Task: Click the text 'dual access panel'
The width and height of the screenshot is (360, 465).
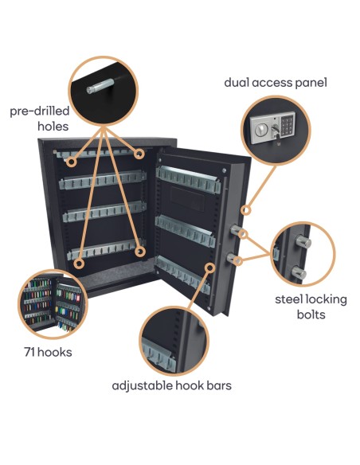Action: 276,82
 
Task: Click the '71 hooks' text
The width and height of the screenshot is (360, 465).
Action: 49,351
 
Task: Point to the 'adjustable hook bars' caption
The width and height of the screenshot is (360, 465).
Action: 171,386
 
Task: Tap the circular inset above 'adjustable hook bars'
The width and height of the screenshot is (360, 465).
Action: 172,339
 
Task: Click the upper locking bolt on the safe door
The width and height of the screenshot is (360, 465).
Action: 237,231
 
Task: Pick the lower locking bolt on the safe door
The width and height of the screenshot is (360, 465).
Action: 237,259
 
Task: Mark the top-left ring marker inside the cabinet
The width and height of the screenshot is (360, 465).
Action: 72,162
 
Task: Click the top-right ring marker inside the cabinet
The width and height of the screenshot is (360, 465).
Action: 139,153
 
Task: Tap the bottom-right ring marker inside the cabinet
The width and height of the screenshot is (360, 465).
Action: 140,252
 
